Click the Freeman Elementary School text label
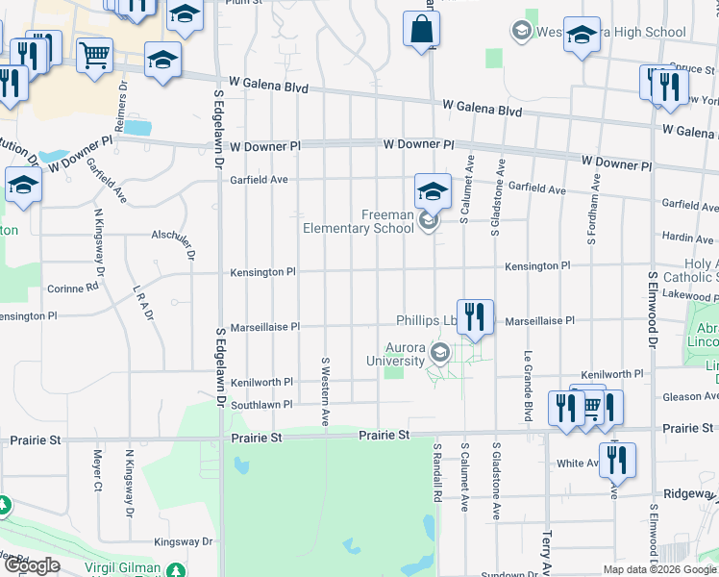click(x=359, y=221)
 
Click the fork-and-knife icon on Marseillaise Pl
click(x=475, y=317)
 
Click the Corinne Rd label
click(x=73, y=287)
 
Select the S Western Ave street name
click(x=326, y=392)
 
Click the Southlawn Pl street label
click(x=260, y=405)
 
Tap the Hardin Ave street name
click(x=687, y=237)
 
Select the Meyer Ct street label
click(x=97, y=470)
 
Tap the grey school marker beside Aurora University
click(x=440, y=353)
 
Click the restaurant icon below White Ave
click(x=616, y=461)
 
